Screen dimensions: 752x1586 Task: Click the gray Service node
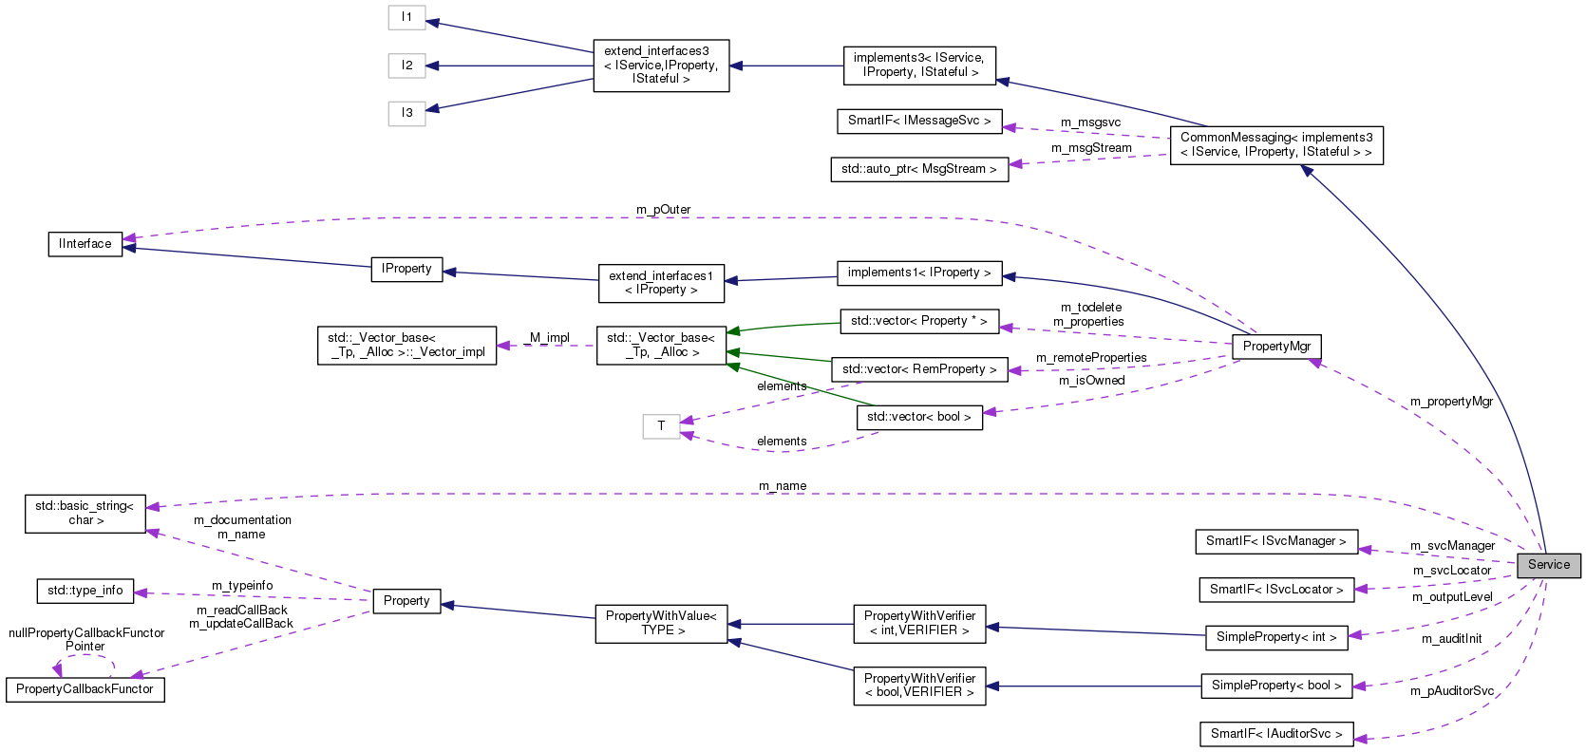(x=1548, y=565)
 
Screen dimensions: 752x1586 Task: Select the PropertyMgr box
(x=1276, y=347)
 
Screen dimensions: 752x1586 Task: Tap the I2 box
(x=406, y=66)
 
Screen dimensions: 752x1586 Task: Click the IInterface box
(x=85, y=244)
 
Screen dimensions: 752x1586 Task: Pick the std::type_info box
(x=85, y=591)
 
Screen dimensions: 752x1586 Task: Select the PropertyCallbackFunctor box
(x=85, y=689)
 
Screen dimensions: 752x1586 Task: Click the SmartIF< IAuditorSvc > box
(x=1275, y=734)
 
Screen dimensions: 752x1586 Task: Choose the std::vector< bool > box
(x=918, y=417)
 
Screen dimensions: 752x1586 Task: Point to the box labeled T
(x=661, y=426)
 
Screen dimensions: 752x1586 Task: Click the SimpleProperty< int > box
(x=1275, y=637)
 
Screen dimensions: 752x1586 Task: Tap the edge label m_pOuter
(x=663, y=210)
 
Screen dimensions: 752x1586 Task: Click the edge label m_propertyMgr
(x=1450, y=402)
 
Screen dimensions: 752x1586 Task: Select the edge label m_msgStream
(x=1090, y=148)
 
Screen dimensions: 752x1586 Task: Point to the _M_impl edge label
(x=546, y=338)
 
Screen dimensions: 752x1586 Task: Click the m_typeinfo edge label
(x=242, y=586)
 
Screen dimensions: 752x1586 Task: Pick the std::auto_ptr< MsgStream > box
(x=918, y=169)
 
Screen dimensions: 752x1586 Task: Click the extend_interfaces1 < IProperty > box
(x=660, y=283)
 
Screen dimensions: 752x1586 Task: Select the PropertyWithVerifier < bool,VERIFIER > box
(x=918, y=686)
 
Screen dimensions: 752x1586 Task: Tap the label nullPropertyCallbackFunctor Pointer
(x=86, y=639)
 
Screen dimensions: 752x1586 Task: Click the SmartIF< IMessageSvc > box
(x=918, y=121)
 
